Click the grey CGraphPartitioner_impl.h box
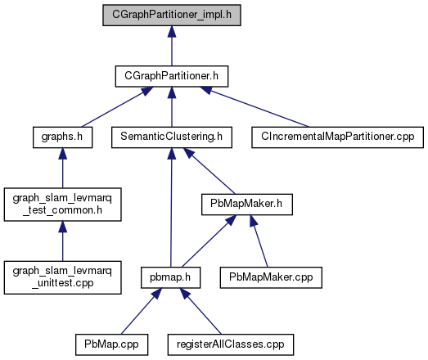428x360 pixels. [x=172, y=15]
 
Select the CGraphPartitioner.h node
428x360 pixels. [x=172, y=76]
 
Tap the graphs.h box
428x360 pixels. [x=62, y=137]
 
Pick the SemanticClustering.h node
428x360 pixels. [x=172, y=137]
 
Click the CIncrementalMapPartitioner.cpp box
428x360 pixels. [x=337, y=137]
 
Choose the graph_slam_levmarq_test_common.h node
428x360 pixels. [x=62, y=205]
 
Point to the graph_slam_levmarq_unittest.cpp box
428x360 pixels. [x=62, y=277]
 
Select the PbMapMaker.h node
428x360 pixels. [x=247, y=205]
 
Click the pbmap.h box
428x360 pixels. [x=170, y=277]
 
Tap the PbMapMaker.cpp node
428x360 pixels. [x=271, y=277]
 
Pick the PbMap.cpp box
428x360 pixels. [x=111, y=344]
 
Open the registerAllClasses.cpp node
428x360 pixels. [x=231, y=344]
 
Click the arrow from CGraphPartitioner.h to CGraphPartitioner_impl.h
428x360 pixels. [x=172, y=46]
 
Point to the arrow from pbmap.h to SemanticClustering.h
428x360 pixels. [x=171, y=208]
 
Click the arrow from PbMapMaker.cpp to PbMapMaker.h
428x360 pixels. [x=259, y=241]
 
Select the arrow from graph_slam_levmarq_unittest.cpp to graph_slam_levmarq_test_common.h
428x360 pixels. [x=62, y=241]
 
